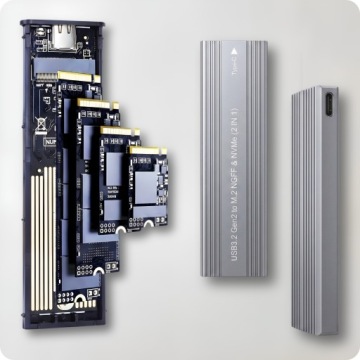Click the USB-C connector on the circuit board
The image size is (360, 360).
tap(61, 40)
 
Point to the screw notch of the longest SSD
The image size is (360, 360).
tap(76, 300)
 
